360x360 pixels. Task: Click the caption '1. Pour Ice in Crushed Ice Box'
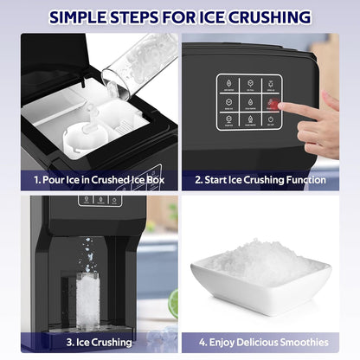coord(100,180)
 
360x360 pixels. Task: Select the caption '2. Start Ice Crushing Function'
coord(260,180)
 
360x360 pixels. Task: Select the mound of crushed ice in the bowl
coord(259,262)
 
